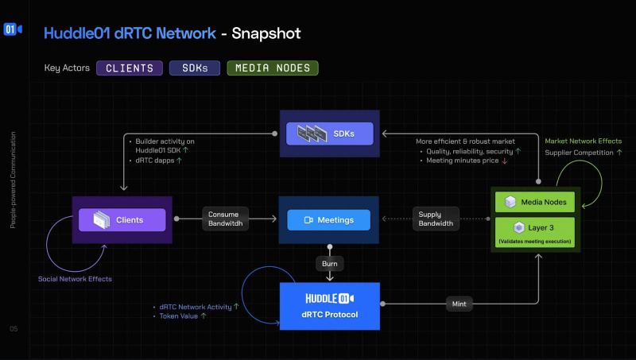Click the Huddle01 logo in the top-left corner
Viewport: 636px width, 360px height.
(x=12, y=29)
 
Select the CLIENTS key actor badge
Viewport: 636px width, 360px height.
(x=130, y=68)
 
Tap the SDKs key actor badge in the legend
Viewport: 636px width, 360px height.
(x=194, y=68)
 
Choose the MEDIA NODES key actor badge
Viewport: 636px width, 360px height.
(x=273, y=68)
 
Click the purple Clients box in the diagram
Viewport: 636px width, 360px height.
(x=122, y=219)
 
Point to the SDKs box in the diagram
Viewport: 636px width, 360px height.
(x=329, y=133)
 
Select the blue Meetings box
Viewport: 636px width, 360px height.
(x=329, y=219)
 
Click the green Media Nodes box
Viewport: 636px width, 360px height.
(x=534, y=202)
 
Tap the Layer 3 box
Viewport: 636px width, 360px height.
(x=534, y=231)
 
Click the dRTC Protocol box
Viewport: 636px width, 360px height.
(x=329, y=305)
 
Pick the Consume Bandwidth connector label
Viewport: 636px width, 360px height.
(x=227, y=219)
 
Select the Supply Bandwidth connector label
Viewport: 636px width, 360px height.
(x=436, y=219)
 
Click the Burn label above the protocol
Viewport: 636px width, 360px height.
(x=329, y=262)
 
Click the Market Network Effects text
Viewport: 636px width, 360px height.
(x=584, y=141)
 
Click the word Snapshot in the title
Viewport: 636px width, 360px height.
(x=266, y=33)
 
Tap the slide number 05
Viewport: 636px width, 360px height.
(x=14, y=328)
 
